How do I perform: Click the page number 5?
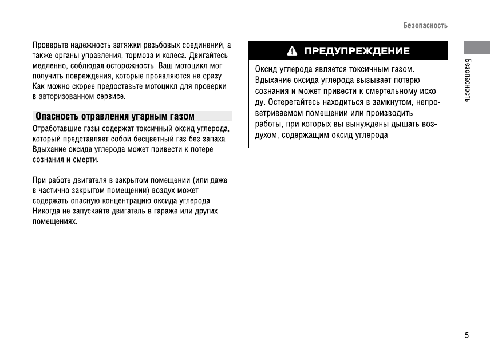467,335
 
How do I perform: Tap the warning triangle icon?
293,51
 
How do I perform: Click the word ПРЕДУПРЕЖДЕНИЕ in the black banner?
357,51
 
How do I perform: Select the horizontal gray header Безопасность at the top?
425,26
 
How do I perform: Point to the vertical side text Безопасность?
467,80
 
